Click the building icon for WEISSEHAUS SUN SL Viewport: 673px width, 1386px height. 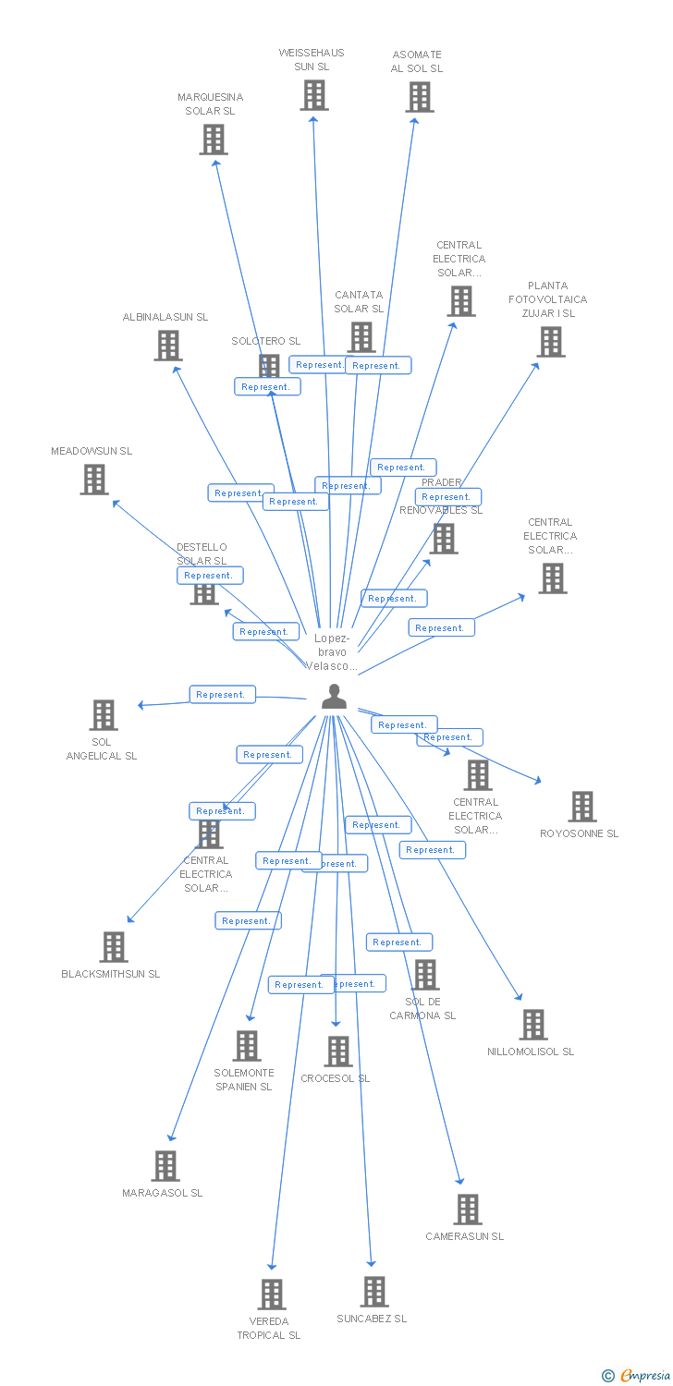314,95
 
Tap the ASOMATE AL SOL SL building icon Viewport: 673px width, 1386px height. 419,97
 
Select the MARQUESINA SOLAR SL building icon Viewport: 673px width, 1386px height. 214,140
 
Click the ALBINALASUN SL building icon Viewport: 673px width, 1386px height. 167,346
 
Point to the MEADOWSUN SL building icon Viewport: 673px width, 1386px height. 93,480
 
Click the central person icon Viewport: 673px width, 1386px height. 334,697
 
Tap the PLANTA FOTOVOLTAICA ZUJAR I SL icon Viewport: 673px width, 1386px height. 551,342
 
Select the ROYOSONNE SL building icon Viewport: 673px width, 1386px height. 581,807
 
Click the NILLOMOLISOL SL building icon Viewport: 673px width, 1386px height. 532,1025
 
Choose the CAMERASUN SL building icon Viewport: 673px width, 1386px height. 468,1210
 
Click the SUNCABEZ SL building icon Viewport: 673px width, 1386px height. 374,1292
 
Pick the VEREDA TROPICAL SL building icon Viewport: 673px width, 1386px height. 272,1295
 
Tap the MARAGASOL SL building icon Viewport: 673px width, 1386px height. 165,1166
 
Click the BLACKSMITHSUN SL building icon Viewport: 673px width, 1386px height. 114,947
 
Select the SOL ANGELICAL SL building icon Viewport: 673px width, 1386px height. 104,715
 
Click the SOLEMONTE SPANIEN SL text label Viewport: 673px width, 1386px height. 244,1079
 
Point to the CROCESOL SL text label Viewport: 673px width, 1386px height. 335,1078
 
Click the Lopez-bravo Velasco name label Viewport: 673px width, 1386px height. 332,651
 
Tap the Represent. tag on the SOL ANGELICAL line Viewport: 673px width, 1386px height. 222,695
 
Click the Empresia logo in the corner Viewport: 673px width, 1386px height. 635,1376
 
